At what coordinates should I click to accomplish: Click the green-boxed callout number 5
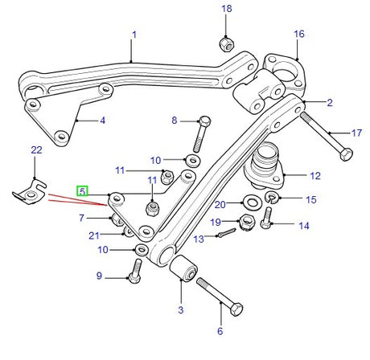pos(82,191)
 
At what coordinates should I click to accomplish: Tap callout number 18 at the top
pos(227,9)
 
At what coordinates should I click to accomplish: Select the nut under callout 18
pos(227,44)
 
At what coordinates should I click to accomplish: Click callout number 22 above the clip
pos(36,150)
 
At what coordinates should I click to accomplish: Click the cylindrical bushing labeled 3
pos(184,268)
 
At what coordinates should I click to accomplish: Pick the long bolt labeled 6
pos(220,297)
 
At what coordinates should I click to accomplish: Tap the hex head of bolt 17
pos(346,154)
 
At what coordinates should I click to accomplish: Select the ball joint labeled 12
pos(264,166)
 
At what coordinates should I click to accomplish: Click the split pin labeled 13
pos(227,232)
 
